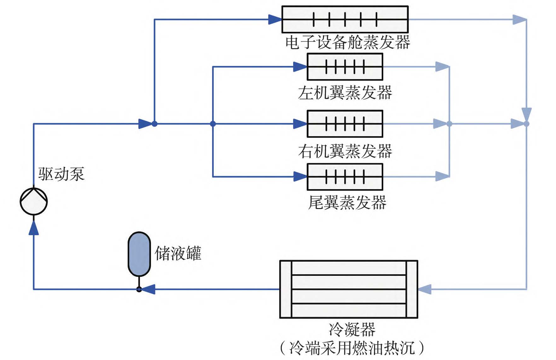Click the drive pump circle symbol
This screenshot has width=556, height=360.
click(34, 201)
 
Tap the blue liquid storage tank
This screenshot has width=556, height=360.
click(139, 254)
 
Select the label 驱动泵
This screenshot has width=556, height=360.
click(61, 174)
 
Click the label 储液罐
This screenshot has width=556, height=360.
click(178, 253)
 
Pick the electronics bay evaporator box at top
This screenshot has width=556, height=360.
click(345, 20)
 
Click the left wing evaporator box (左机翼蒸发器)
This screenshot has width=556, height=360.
click(345, 67)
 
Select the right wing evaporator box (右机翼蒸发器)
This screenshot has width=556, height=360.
click(345, 124)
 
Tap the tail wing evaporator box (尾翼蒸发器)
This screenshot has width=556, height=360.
click(345, 177)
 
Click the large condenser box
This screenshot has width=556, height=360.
click(349, 289)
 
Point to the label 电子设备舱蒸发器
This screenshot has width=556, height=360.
click(347, 42)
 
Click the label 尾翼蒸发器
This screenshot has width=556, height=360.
click(347, 203)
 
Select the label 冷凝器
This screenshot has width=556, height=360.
click(352, 329)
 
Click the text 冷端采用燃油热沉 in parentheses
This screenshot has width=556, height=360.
click(352, 348)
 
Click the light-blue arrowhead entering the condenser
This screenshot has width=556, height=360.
click(425, 289)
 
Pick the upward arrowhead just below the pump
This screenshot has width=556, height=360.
click(34, 228)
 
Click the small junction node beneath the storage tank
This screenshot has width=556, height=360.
click(139, 289)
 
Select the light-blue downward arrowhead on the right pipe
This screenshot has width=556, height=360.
click(526, 114)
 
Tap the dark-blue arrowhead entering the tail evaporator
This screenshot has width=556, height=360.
click(300, 177)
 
